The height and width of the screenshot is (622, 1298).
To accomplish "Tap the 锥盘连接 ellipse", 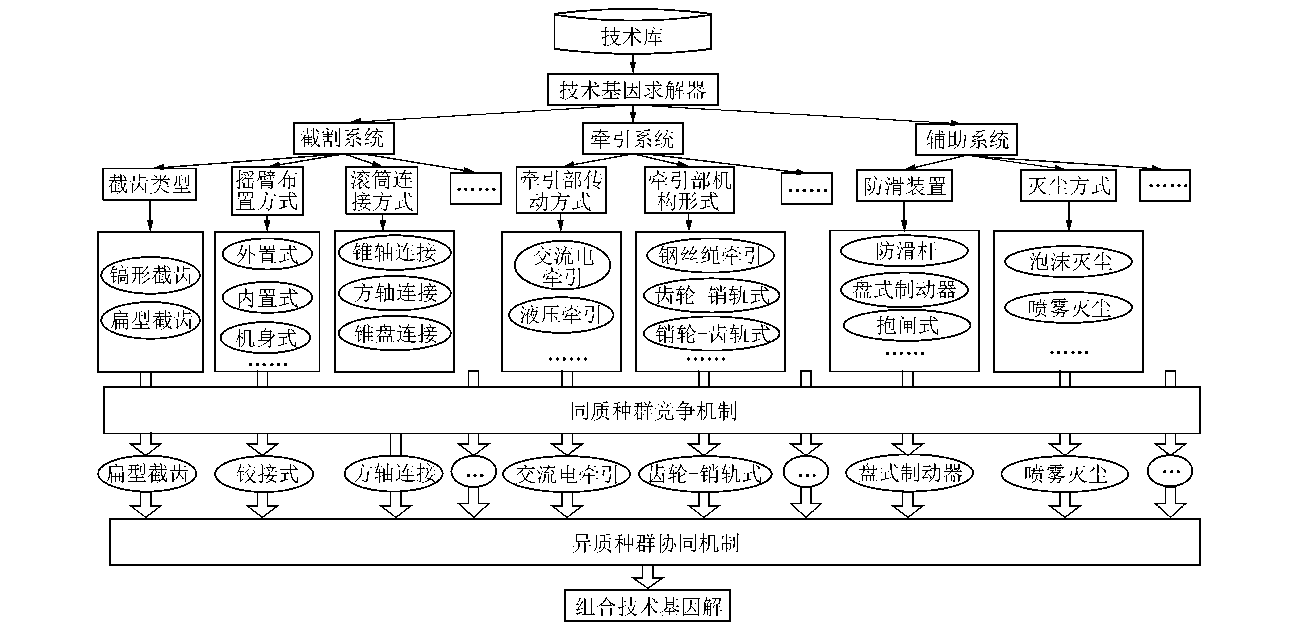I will pos(395,333).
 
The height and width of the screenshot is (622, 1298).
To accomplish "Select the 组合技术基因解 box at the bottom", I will pos(647,606).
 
